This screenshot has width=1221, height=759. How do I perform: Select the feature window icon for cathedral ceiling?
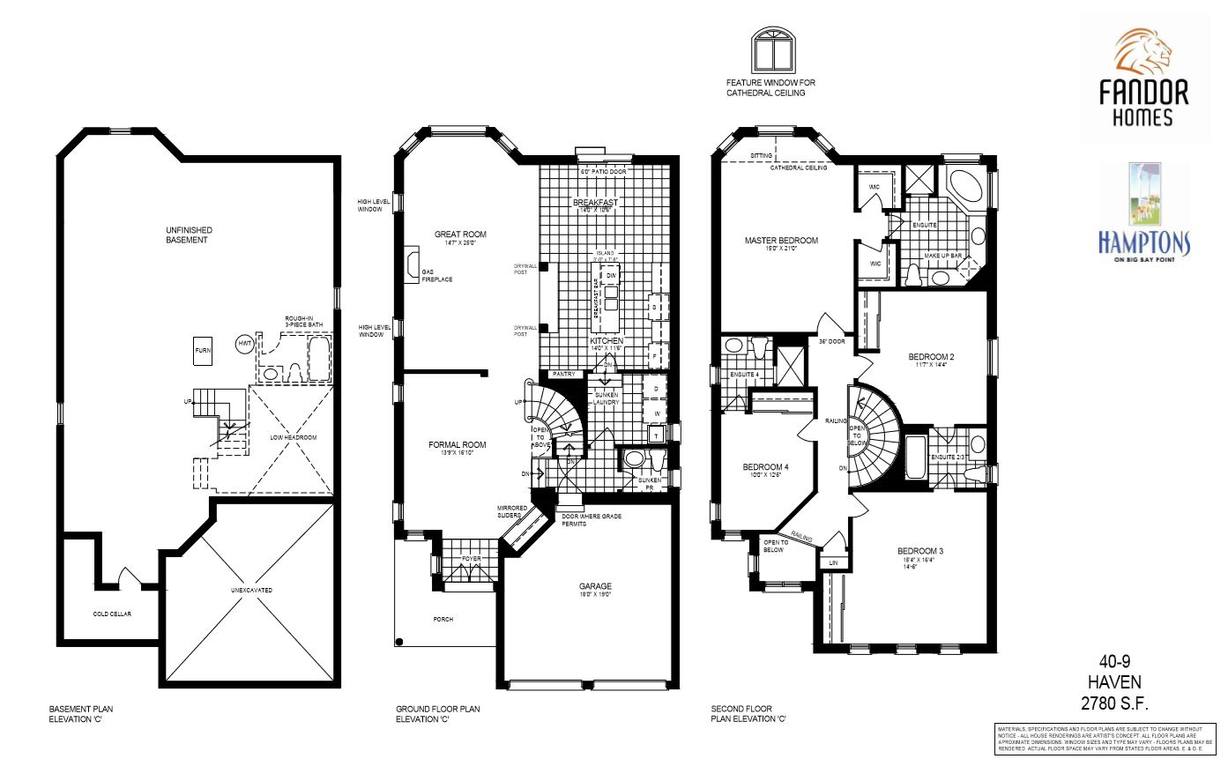tap(773, 50)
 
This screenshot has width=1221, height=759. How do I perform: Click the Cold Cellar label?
tap(112, 614)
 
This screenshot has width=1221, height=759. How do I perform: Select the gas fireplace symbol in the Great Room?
tap(412, 264)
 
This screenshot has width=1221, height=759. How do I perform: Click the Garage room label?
tap(595, 586)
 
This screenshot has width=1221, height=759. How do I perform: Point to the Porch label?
tap(443, 620)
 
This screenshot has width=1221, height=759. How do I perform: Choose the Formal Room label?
tap(458, 445)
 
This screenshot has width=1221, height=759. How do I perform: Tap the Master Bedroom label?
tap(781, 241)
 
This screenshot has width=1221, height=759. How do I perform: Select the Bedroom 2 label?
tap(932, 357)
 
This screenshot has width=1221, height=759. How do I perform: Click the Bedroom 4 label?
tap(765, 466)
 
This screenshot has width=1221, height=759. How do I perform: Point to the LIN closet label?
tap(832, 562)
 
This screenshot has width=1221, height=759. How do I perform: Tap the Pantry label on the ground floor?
tap(564, 375)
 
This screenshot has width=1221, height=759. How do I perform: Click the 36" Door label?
tap(832, 341)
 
